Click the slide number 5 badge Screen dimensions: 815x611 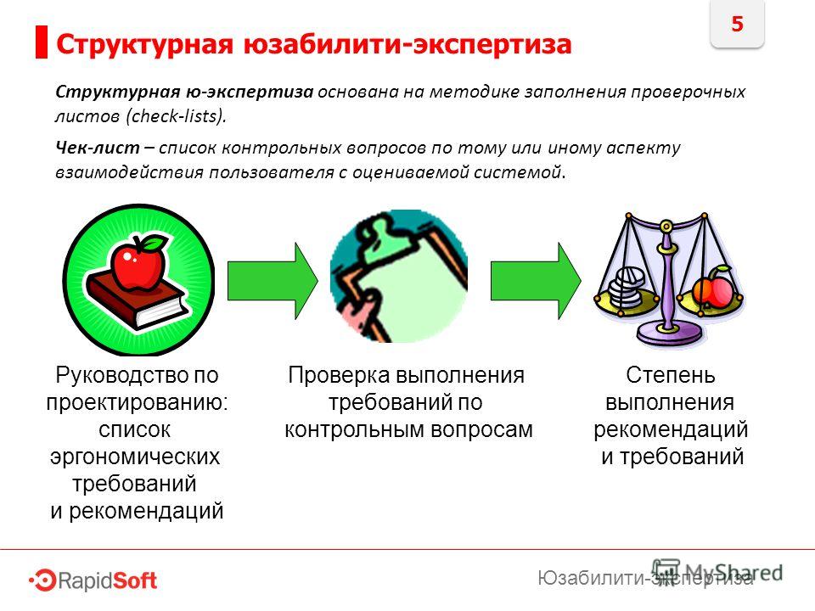pos(737,24)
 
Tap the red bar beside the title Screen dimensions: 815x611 pos(42,42)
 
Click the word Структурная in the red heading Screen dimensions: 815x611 pos(144,44)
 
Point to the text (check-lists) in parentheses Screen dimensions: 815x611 pos(177,115)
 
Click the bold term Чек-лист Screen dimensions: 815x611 pos(98,148)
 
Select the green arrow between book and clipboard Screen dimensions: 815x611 pos(273,281)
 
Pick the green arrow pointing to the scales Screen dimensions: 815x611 pos(536,281)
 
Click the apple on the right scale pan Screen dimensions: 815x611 pos(713,288)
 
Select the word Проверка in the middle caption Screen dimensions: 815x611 pos(339,375)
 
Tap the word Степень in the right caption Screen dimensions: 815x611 pos(671,375)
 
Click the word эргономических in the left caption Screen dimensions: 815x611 pos(135,457)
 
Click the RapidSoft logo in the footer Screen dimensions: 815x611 pos(93,580)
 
